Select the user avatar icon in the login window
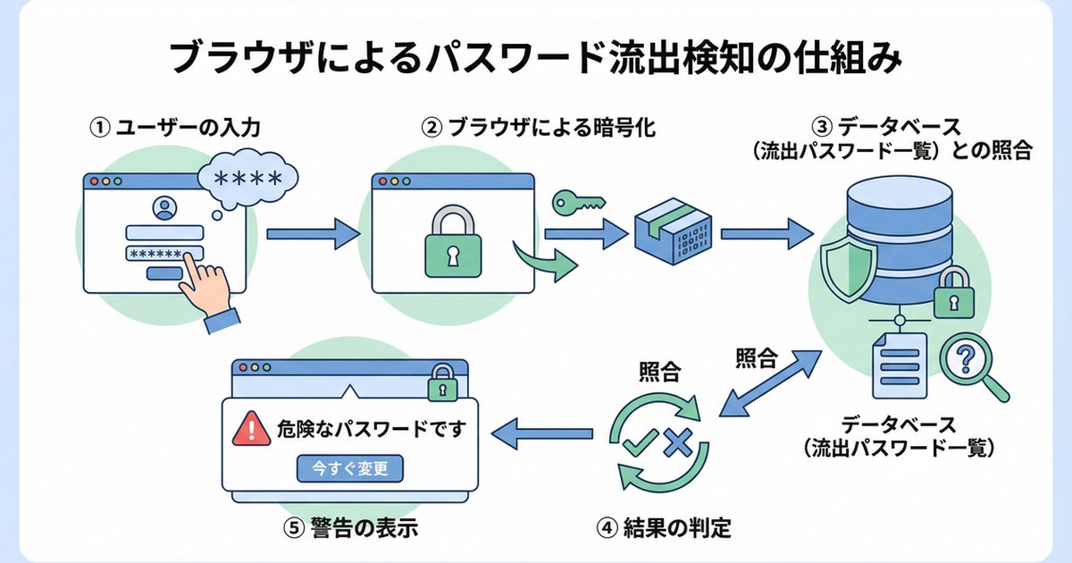coord(165,209)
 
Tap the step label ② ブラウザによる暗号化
coord(538,128)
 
